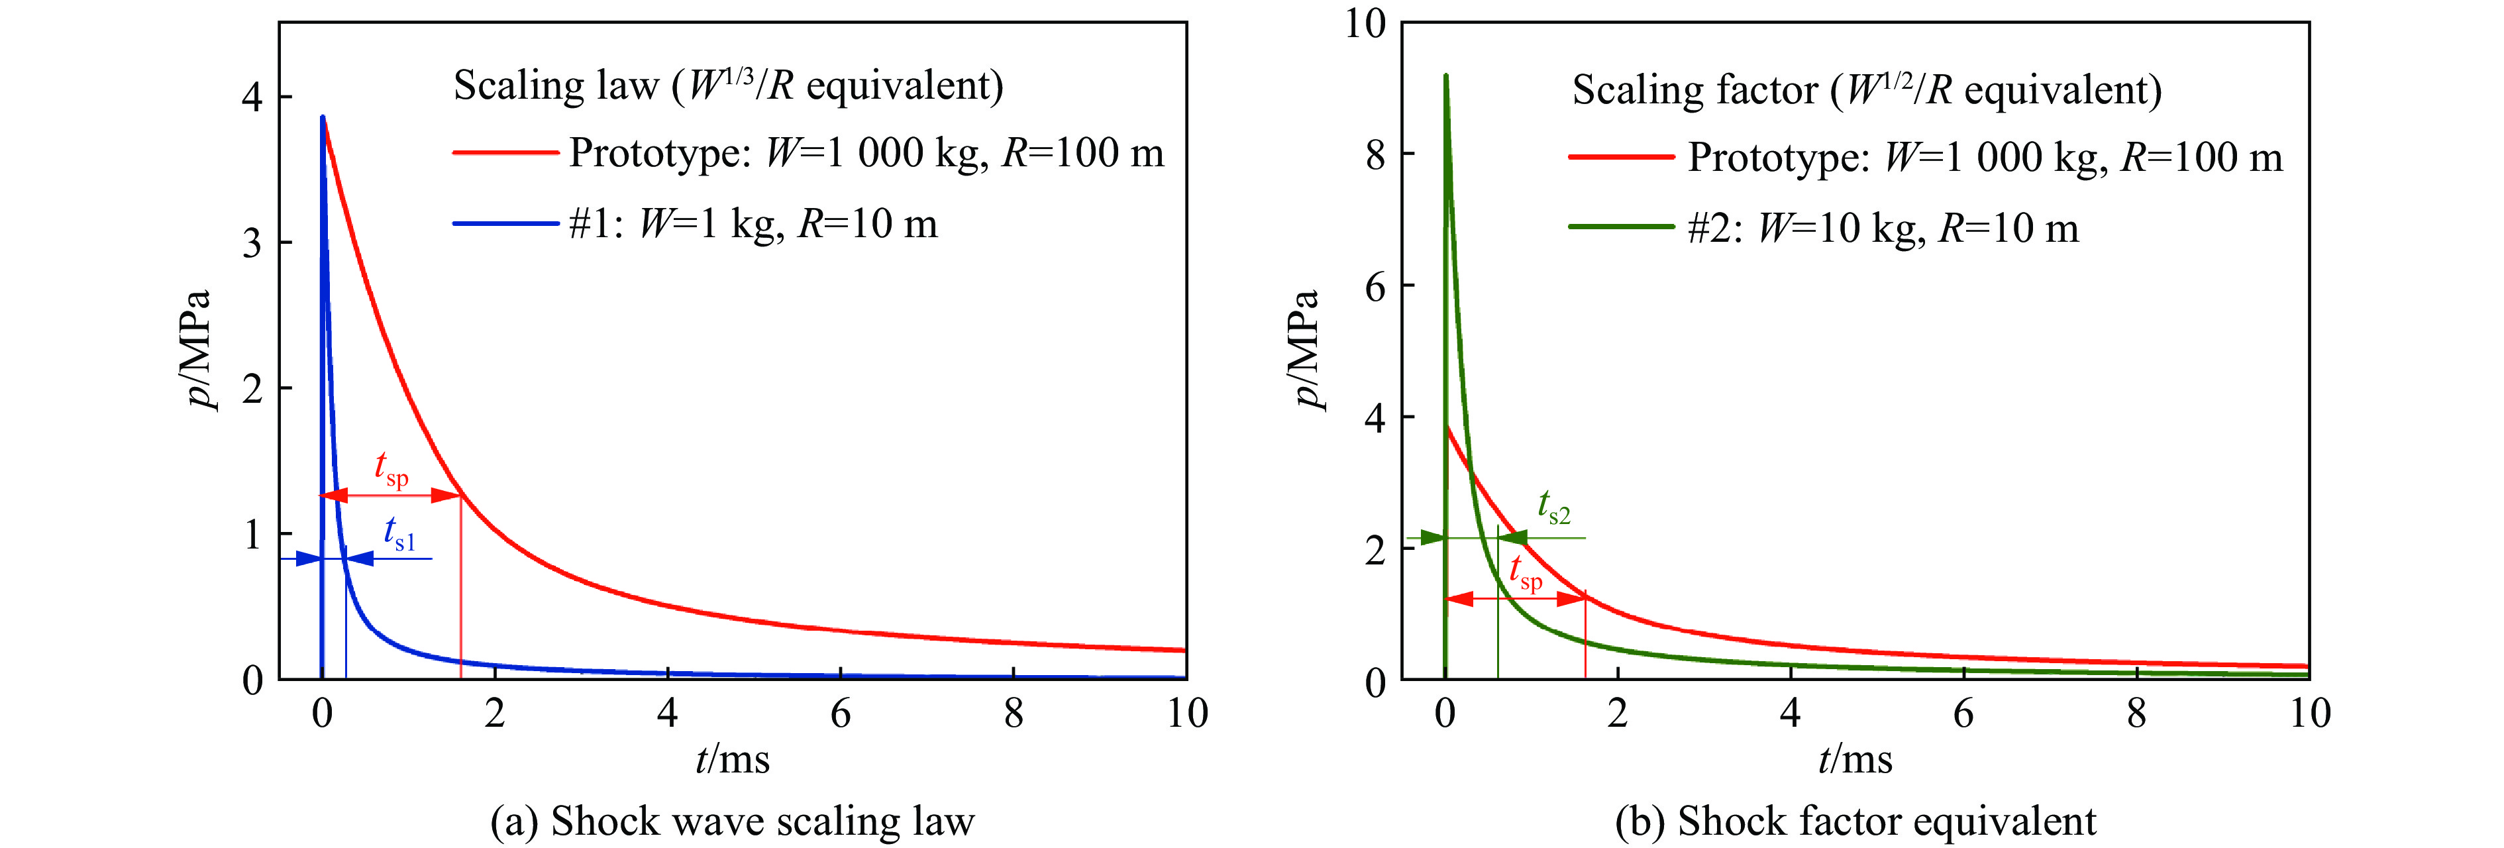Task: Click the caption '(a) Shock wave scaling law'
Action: pyautogui.click(x=732, y=821)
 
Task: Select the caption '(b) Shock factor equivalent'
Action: pyautogui.click(x=1855, y=821)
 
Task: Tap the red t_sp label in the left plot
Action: pyautogui.click(x=391, y=469)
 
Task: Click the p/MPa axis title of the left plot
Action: pyautogui.click(x=200, y=350)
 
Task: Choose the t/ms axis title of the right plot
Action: pyautogui.click(x=1855, y=759)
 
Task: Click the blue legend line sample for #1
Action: pyautogui.click(x=505, y=225)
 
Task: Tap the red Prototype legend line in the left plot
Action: pyautogui.click(x=505, y=152)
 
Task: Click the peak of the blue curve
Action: pyautogui.click(x=323, y=119)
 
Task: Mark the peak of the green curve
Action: pyautogui.click(x=1445, y=76)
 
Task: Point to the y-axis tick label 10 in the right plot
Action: pyautogui.click(x=1364, y=23)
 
